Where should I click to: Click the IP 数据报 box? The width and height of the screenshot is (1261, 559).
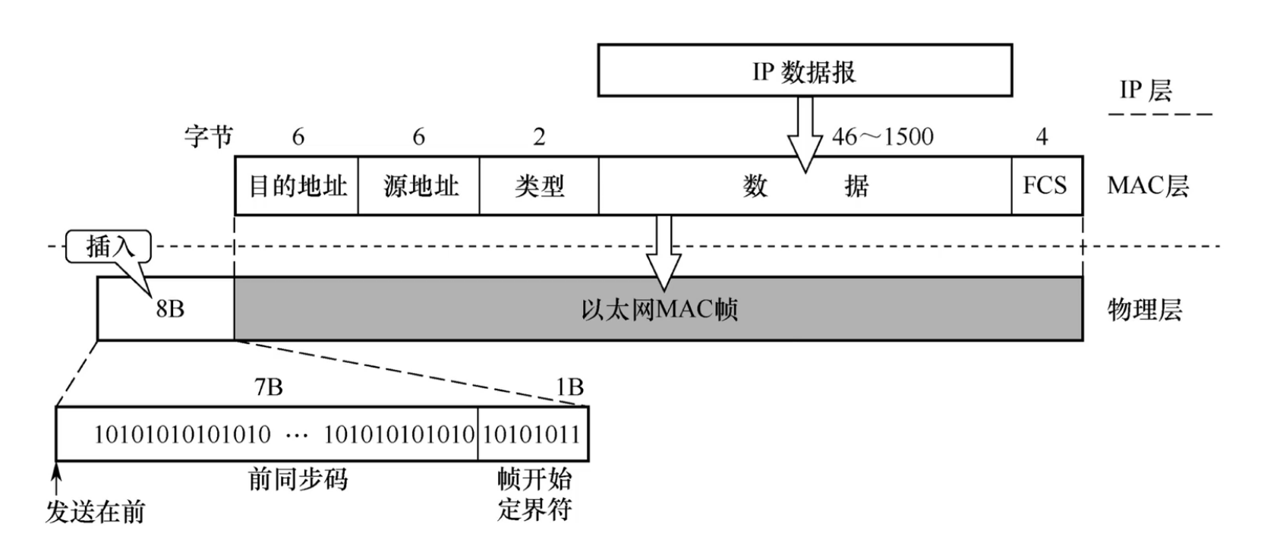(804, 71)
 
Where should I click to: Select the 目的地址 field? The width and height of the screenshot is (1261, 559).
(297, 186)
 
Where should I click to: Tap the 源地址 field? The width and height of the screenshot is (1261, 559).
(419, 186)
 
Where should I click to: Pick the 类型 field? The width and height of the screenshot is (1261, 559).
(539, 186)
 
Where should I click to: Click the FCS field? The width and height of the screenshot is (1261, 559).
(1045, 186)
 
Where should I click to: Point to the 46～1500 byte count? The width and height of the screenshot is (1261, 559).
(883, 137)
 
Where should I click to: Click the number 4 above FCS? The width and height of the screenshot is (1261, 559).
(1042, 137)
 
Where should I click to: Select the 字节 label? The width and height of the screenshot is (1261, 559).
(208, 137)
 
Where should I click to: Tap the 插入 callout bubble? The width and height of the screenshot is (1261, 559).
(109, 247)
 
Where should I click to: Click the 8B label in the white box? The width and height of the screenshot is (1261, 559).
(170, 309)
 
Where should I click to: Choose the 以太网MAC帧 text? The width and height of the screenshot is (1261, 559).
(659, 310)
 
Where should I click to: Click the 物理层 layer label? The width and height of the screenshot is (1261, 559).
(1144, 310)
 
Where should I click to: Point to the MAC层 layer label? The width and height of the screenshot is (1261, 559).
(1147, 186)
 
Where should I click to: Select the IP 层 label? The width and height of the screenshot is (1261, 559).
(1146, 90)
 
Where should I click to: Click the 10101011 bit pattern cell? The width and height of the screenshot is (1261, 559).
(532, 434)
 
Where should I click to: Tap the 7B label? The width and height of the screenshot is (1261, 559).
(269, 387)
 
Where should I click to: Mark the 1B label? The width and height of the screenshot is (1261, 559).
(569, 387)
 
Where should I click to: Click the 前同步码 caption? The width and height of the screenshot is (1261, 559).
(298, 479)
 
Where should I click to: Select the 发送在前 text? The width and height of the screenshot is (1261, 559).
(95, 512)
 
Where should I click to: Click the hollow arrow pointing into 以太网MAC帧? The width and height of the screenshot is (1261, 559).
(664, 254)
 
